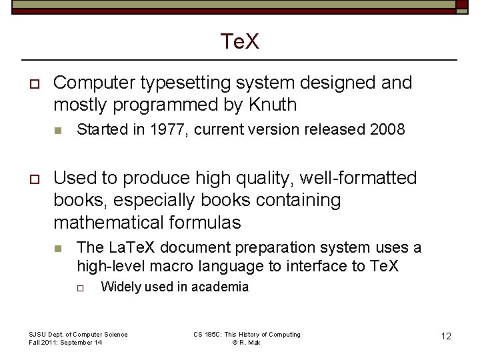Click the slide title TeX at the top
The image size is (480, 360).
[240, 43]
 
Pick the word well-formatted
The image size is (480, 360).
[358, 178]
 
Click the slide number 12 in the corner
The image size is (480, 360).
[446, 336]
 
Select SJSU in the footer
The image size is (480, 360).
[37, 334]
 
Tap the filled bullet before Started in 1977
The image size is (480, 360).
[58, 130]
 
